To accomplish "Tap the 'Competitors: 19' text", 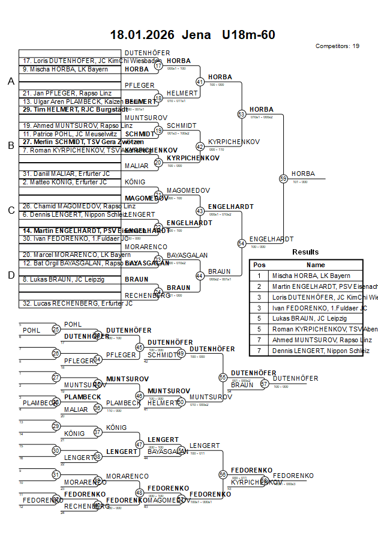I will click(x=337, y=46).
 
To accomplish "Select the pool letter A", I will click(x=10, y=82).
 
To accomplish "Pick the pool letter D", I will click(x=10, y=275).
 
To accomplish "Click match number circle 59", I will click(x=283, y=178).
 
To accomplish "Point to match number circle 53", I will click(x=242, y=113).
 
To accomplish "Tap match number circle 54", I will click(x=242, y=243).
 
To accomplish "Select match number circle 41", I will click(x=200, y=82).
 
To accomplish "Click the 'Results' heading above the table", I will click(x=305, y=252).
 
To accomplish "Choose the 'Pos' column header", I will click(x=259, y=265).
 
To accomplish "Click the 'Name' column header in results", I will click(x=316, y=265).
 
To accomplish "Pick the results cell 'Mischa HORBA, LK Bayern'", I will click(x=311, y=276).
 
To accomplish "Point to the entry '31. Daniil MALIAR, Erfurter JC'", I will click(x=66, y=174).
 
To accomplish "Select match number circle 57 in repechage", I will click(x=264, y=384).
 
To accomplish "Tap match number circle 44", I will click(x=200, y=276).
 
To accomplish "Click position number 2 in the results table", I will click(x=259, y=286).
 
